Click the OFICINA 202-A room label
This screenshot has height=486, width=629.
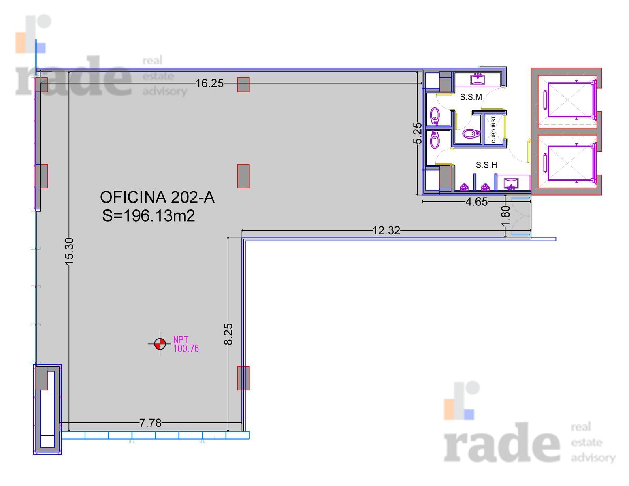(x=157, y=197)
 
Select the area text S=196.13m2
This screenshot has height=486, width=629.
(x=149, y=216)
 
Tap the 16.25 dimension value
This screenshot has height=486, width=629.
(x=209, y=83)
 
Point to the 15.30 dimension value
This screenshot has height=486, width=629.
(x=70, y=251)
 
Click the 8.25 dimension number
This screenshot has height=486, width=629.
(x=228, y=334)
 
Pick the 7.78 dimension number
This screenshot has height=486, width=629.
(x=150, y=423)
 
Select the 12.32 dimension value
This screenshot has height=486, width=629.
(x=386, y=231)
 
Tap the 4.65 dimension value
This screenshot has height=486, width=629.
(x=476, y=201)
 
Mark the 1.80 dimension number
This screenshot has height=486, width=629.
(x=505, y=216)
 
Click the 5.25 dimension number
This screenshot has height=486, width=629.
(x=418, y=133)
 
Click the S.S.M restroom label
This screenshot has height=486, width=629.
(x=471, y=97)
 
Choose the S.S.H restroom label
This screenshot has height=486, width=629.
(x=486, y=165)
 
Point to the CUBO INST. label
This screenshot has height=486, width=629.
(x=494, y=129)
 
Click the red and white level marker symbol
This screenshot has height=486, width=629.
(x=160, y=344)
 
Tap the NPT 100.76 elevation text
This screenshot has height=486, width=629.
(x=186, y=344)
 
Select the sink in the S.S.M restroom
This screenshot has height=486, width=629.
(x=478, y=80)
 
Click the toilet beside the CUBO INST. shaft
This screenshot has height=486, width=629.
(x=471, y=134)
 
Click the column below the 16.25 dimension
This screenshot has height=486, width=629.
(x=243, y=85)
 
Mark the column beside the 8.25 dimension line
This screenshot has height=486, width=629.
(x=243, y=378)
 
